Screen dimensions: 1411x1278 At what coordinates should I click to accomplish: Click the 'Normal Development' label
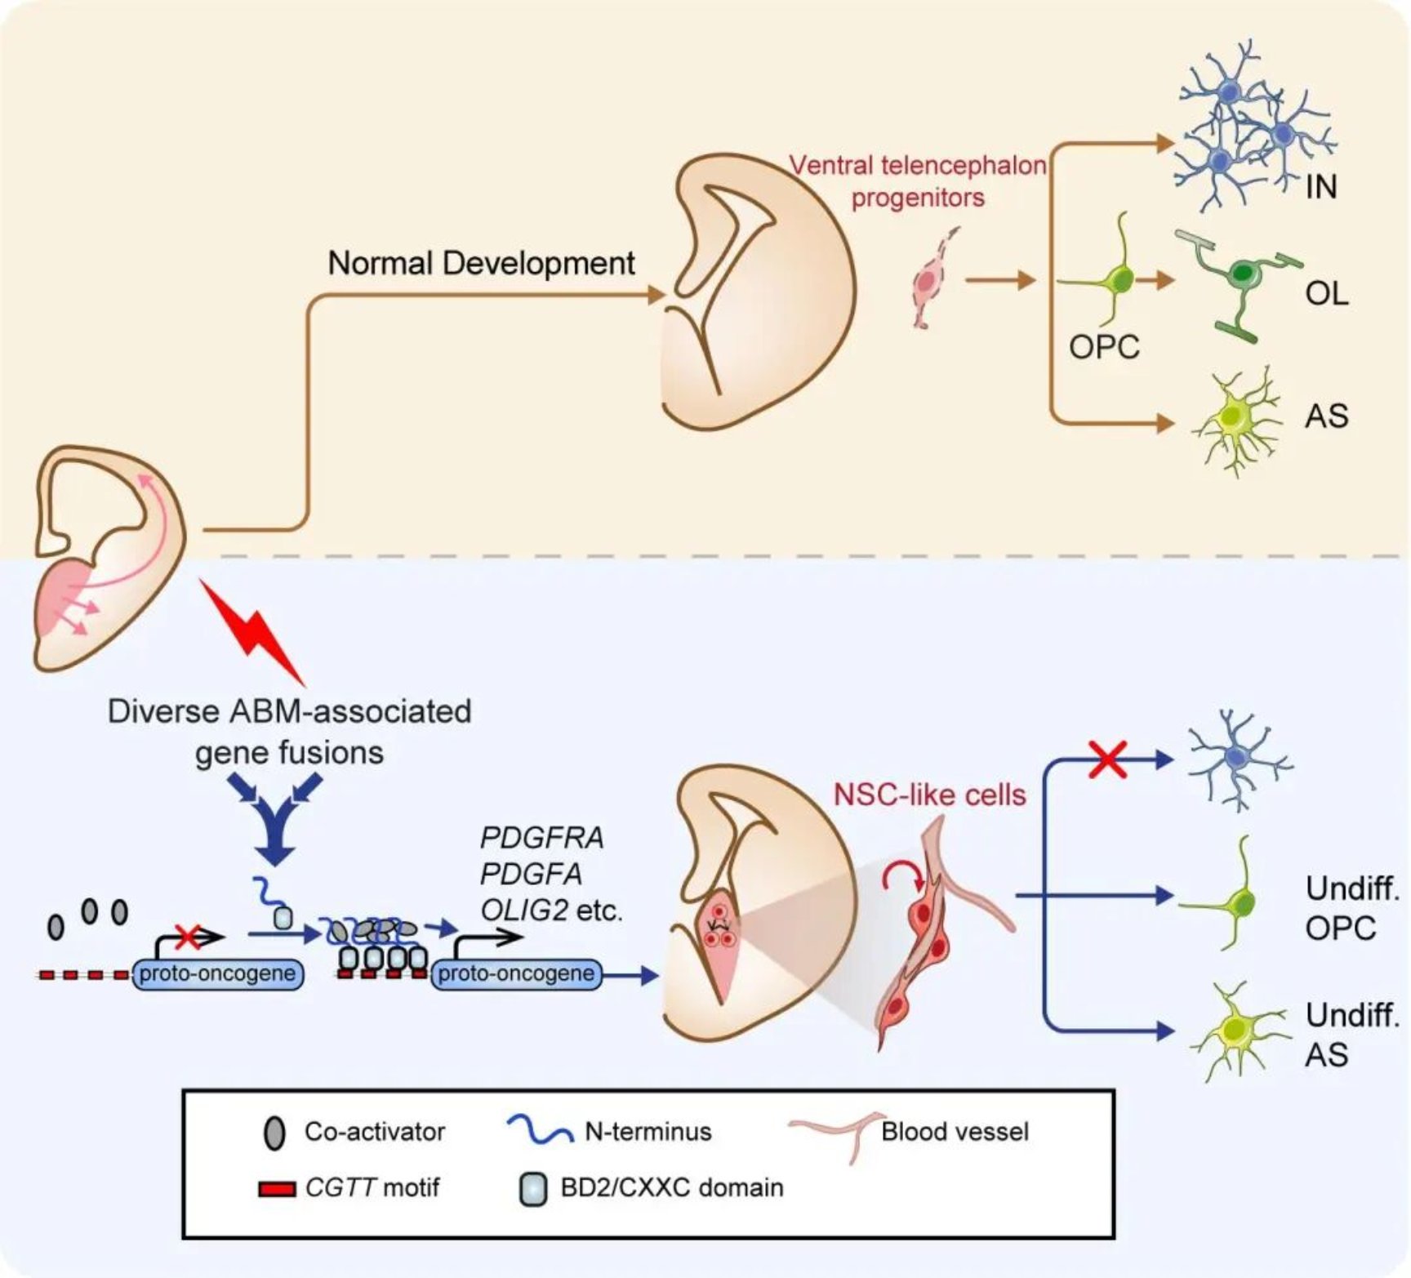click(x=481, y=263)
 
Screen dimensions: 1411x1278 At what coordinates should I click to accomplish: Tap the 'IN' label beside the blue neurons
click(x=1320, y=187)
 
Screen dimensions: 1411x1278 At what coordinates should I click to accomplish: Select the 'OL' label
click(x=1327, y=293)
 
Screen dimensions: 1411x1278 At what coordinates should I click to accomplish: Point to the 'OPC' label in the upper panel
click(x=1104, y=347)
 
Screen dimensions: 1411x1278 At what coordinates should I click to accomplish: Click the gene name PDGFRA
click(x=541, y=838)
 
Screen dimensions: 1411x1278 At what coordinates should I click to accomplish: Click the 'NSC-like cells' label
click(x=929, y=794)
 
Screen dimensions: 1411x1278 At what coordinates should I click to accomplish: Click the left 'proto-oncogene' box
click(x=217, y=973)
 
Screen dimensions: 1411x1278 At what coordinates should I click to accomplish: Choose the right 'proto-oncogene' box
click(x=516, y=973)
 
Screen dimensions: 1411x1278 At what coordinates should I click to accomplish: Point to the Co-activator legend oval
click(x=275, y=1133)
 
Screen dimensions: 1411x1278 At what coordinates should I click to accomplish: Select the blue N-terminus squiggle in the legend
click(x=540, y=1130)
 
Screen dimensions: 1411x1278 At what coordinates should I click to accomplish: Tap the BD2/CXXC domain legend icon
click(x=533, y=1189)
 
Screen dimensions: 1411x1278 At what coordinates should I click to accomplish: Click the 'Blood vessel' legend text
click(x=955, y=1132)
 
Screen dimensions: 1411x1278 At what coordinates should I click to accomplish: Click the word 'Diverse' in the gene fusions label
click(x=163, y=711)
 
